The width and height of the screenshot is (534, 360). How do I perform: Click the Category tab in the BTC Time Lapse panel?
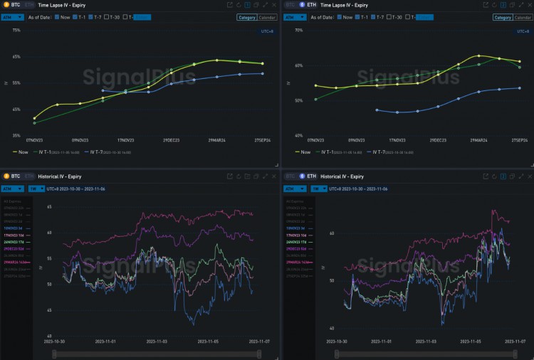tap(247, 17)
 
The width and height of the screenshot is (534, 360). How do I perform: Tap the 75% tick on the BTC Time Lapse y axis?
tap(16, 31)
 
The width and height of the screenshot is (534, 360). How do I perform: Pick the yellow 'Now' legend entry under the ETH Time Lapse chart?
tap(304, 152)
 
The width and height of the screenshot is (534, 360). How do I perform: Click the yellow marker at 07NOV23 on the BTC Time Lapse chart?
tap(34, 118)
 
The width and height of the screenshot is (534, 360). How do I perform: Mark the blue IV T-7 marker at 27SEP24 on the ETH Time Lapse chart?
tap(520, 88)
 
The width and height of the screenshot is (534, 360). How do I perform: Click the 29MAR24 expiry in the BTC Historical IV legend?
tap(15, 262)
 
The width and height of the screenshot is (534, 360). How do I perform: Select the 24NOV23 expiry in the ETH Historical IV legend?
tap(297, 243)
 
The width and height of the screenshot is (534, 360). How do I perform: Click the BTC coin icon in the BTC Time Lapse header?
tap(6, 4)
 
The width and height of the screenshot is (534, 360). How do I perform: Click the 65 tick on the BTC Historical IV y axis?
tap(49, 207)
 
